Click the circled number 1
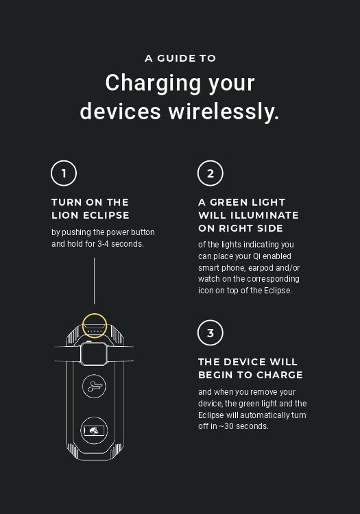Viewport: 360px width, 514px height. point(64,173)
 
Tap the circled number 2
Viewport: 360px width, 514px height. point(210,173)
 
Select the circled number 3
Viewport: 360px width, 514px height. point(210,332)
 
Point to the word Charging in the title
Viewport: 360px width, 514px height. point(153,83)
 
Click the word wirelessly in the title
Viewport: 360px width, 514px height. point(224,112)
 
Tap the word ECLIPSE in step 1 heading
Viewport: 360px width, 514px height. point(106,215)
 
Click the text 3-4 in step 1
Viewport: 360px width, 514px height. point(104,244)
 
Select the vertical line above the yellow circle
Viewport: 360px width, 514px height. point(95,281)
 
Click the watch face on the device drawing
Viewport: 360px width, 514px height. point(94,354)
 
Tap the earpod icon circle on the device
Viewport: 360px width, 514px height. point(94,386)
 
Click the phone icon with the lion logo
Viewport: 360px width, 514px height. point(94,430)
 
